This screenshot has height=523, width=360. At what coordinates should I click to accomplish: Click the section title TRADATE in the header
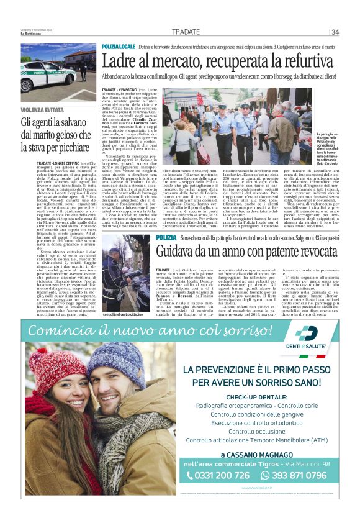(x=186, y=32)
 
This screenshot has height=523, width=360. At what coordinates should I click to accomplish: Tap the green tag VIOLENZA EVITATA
(x=42, y=110)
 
